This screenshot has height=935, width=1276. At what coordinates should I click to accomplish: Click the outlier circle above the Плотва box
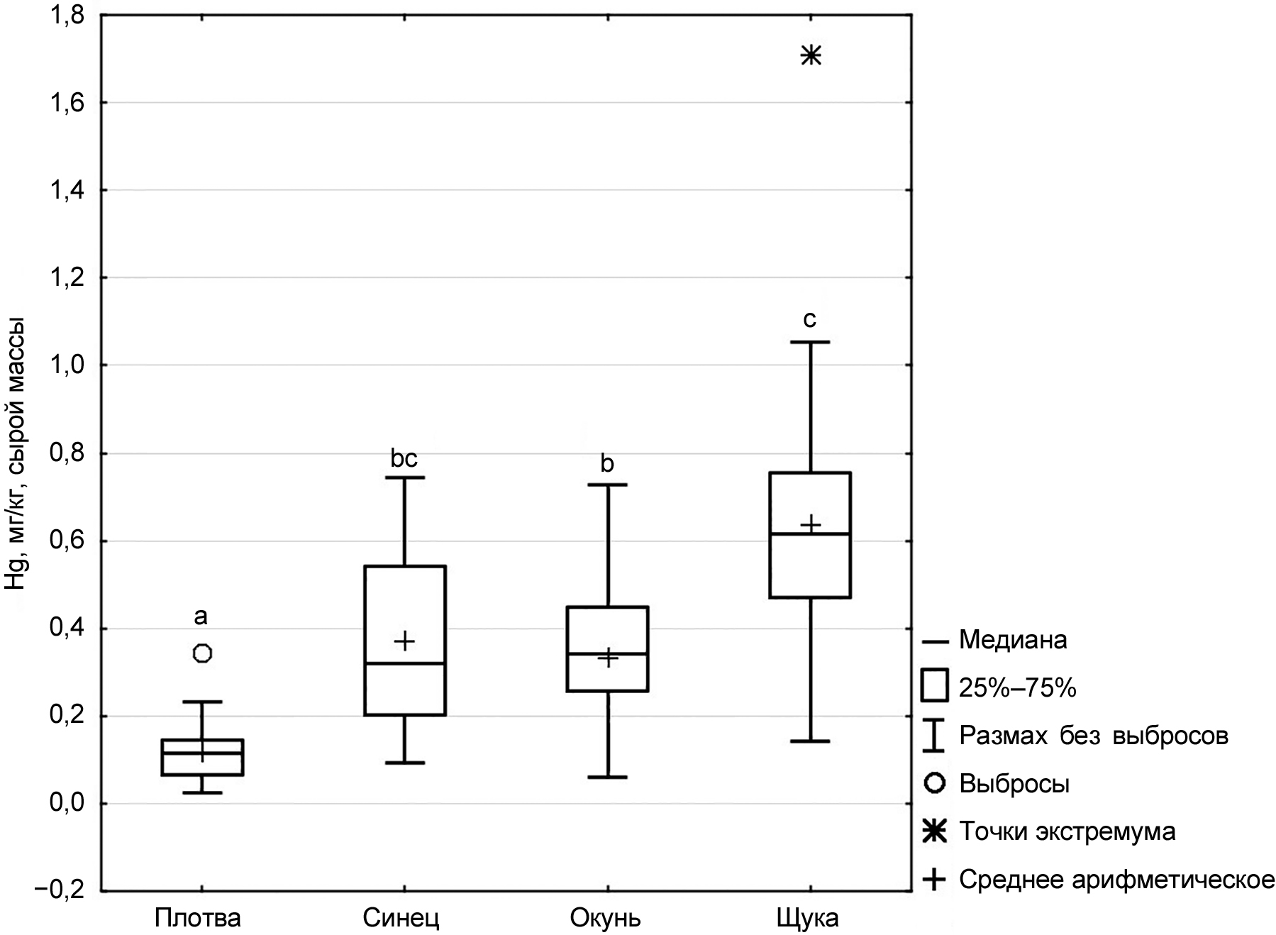coord(203,653)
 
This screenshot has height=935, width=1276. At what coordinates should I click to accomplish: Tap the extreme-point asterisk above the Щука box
coord(811,55)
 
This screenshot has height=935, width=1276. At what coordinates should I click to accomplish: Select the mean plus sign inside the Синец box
coord(405,641)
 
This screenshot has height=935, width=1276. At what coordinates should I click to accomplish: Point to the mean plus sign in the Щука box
coord(811,525)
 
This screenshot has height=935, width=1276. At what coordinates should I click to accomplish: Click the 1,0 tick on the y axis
coord(68,365)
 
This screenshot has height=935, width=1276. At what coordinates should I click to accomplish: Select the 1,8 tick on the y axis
coord(68,16)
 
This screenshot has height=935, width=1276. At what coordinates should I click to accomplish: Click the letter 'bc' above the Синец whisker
coord(404,459)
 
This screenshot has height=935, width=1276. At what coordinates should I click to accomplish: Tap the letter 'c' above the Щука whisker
coord(810,319)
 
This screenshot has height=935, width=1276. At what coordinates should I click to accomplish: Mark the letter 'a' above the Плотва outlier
coord(201,616)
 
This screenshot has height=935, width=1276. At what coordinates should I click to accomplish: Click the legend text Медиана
coord(1013,641)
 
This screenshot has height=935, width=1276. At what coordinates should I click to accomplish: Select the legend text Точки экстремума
coord(1067,831)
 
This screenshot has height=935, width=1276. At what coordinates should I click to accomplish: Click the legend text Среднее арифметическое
coord(1116,880)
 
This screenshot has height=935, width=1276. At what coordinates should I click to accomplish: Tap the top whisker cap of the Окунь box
coord(608,485)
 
